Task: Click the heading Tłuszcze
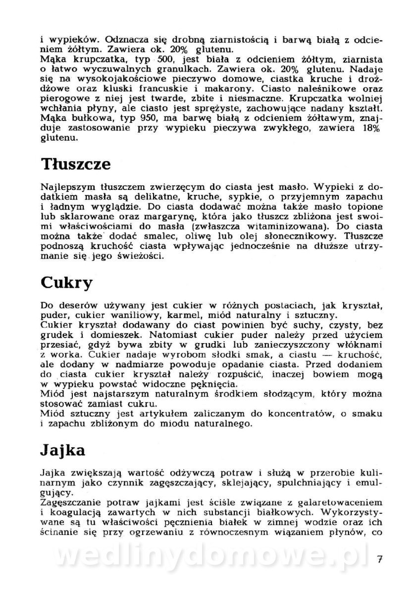[76, 165]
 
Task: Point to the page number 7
[379, 561]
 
